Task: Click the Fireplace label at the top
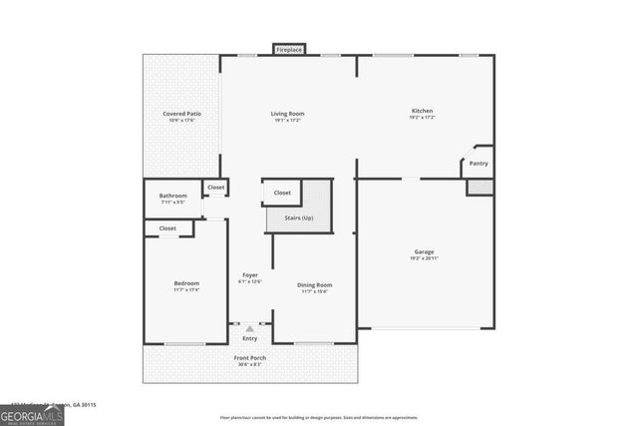[289, 49]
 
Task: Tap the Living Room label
[287, 114]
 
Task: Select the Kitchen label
[423, 111]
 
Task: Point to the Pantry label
[478, 163]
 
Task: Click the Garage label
[425, 251]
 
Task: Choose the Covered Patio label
[182, 114]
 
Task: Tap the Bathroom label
[173, 196]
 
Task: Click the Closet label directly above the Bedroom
[167, 228]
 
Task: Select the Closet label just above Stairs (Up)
[282, 193]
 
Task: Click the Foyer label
[249, 275]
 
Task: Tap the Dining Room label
[314, 285]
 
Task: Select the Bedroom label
[186, 283]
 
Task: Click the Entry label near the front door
[249, 338]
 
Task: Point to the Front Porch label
[249, 357]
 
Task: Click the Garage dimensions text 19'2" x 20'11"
[425, 258]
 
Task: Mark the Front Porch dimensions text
[249, 364]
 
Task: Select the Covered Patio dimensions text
[182, 121]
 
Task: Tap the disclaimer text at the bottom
[319, 417]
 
